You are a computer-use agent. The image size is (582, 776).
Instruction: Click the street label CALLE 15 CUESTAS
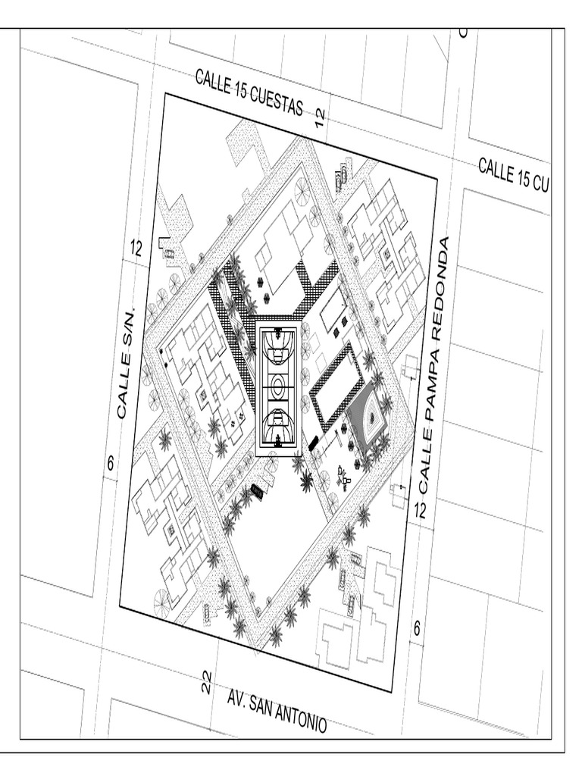pos(249,92)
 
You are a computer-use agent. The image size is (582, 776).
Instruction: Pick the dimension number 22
pos(207,682)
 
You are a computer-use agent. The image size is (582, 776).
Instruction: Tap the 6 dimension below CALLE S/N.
pos(111,463)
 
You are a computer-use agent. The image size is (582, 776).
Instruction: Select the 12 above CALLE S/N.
pos(136,248)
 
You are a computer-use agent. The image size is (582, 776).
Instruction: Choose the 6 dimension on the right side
pos(417,627)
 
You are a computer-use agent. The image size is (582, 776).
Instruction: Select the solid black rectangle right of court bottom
pos(313,443)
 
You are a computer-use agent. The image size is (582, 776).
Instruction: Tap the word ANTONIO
pos(299,716)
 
